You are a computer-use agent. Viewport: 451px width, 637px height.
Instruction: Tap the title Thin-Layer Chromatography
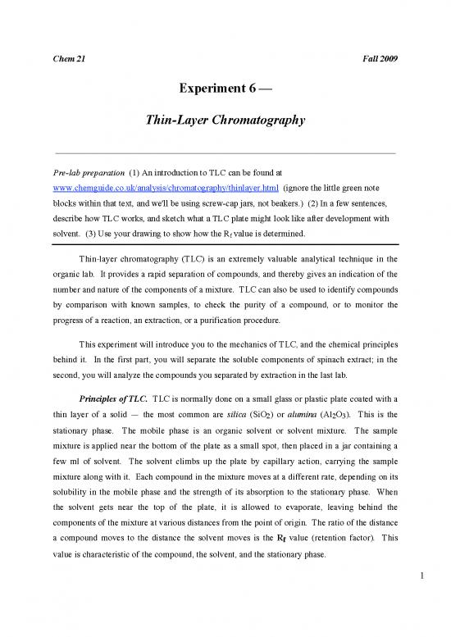(225, 121)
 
